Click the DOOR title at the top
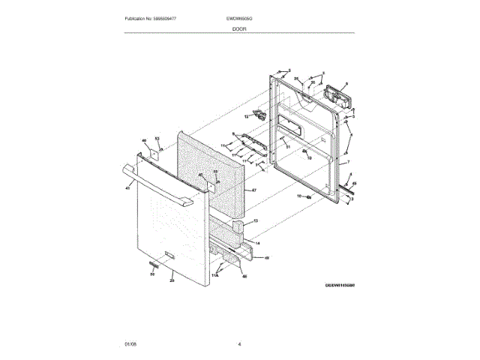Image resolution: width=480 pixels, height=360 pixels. point(239,28)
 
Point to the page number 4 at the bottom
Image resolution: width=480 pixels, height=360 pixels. point(239,344)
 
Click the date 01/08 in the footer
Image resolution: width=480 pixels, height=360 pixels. point(130,344)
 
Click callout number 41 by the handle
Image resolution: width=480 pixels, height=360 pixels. point(127,188)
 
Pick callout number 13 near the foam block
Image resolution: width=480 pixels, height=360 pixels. point(255,221)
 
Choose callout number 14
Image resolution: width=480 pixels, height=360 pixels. point(257,244)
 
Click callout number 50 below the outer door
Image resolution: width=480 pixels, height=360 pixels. point(152,274)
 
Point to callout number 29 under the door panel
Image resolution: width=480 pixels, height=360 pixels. point(172,280)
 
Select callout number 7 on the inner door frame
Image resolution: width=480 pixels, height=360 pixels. point(348,162)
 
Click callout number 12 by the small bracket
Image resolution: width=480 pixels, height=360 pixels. point(246,117)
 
